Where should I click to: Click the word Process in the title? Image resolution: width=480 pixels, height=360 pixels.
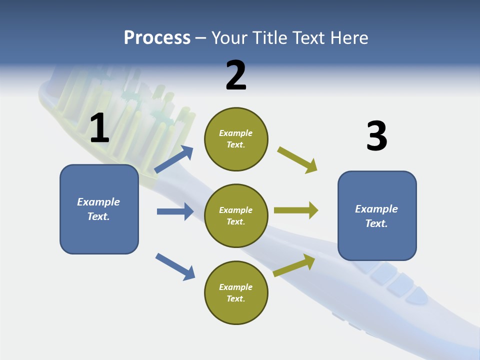click(157, 38)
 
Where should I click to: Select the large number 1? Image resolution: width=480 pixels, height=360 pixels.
click(99, 128)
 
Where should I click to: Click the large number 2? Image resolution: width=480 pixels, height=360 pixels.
click(236, 75)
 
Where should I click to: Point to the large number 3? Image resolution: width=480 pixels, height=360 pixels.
click(376, 136)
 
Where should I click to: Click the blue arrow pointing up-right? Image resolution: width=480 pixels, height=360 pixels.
click(174, 159)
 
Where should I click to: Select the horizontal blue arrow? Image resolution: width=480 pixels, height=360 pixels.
click(175, 211)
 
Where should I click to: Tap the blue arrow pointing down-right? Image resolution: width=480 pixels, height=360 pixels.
click(175, 266)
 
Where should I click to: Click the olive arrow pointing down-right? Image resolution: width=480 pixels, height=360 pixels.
click(297, 160)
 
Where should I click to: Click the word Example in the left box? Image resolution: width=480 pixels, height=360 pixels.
click(98, 202)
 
